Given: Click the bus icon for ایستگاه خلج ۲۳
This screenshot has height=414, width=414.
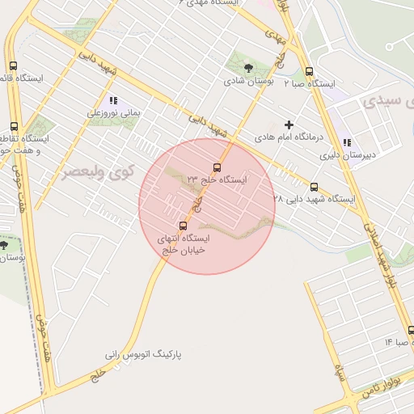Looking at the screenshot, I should click(x=217, y=167).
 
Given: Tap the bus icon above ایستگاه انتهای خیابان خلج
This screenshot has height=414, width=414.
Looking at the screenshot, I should click(x=183, y=226).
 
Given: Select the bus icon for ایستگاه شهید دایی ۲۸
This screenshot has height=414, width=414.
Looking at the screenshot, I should click(x=315, y=186).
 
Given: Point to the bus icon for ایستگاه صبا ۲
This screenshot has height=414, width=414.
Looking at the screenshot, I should click(x=310, y=71).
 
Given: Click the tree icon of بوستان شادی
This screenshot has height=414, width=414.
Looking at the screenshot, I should click(x=248, y=68).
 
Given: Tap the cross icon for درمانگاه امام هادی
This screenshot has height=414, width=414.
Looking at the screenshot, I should click(x=289, y=125).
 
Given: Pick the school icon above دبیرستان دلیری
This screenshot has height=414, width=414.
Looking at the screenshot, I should click(x=347, y=143).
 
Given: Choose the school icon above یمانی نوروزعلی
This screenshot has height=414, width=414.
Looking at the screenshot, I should click(x=113, y=101).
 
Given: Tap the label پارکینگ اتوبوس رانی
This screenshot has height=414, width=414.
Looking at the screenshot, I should click(x=144, y=354).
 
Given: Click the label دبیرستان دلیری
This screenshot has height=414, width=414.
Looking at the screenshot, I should click(x=348, y=155).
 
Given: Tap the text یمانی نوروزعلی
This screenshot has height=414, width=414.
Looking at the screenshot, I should click(x=114, y=114).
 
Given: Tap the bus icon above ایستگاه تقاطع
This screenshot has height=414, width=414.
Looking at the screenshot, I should click(x=14, y=126).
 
